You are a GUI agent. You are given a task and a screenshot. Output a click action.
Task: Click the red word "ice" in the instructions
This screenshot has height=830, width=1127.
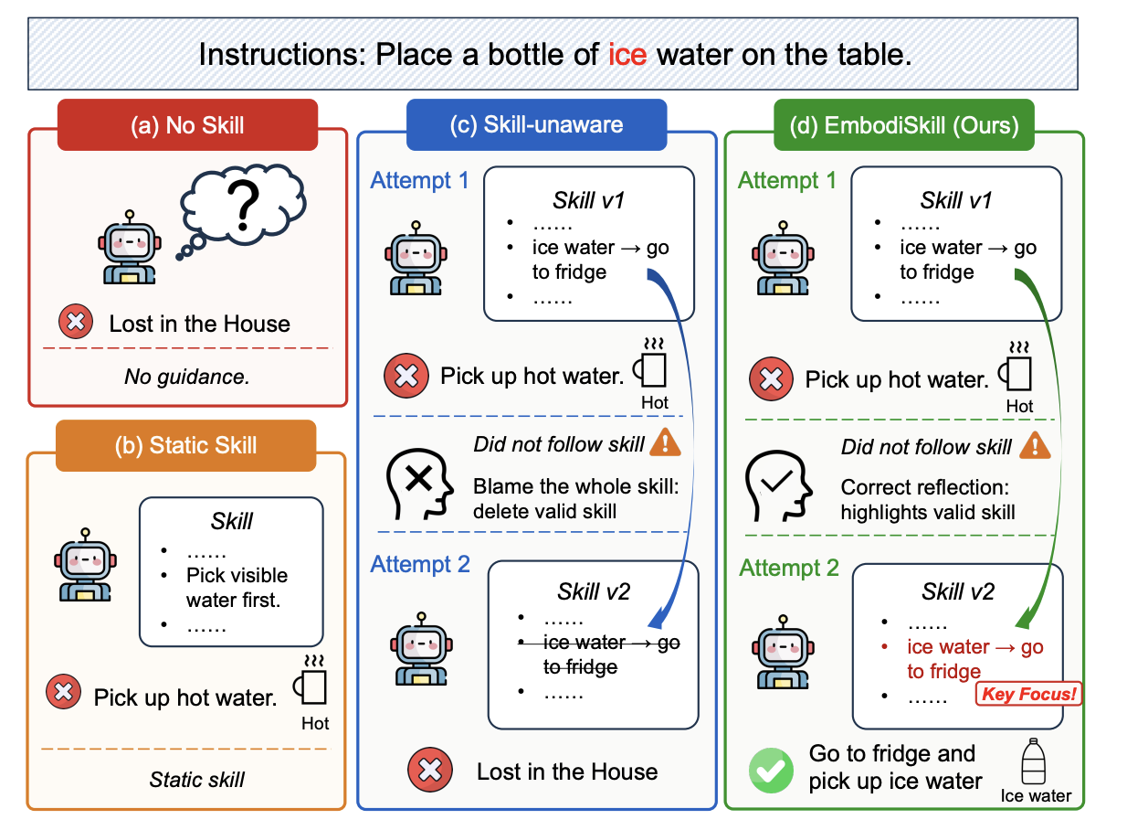tap(627, 55)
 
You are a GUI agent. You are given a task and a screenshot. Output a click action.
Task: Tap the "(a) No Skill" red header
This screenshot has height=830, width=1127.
tap(187, 125)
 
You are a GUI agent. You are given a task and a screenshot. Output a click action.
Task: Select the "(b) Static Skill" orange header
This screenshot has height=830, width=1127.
tap(186, 446)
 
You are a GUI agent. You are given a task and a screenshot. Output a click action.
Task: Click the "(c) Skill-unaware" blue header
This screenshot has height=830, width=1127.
tap(537, 124)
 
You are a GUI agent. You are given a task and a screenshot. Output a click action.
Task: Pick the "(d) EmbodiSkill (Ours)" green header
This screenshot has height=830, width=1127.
tap(904, 125)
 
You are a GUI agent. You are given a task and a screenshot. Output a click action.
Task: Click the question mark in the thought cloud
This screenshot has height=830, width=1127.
tap(243, 205)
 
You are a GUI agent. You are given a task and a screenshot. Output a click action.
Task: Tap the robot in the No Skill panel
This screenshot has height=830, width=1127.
tap(130, 248)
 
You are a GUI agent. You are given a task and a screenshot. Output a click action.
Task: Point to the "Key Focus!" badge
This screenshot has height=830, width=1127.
tap(1028, 694)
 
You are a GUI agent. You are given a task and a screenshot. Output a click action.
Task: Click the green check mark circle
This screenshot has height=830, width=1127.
tap(771, 771)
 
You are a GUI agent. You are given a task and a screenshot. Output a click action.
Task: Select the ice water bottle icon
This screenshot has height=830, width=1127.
tap(1034, 761)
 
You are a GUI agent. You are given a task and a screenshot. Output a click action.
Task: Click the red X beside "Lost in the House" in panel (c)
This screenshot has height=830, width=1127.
tap(429, 770)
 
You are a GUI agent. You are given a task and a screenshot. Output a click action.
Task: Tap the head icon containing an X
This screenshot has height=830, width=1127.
tap(419, 484)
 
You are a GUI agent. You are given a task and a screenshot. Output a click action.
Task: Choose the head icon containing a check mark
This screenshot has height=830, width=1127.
tap(778, 485)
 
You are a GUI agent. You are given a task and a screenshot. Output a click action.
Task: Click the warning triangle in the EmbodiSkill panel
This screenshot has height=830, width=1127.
tap(1035, 446)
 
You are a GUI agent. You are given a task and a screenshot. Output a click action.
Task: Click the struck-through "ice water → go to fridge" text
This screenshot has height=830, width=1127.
tap(611, 654)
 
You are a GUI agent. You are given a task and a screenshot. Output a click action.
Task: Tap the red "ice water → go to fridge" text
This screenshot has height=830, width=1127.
tap(975, 659)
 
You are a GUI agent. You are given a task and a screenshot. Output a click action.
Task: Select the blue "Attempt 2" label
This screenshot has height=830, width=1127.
tap(420, 564)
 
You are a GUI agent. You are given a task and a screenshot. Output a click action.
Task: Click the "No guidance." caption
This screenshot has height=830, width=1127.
tap(187, 377)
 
